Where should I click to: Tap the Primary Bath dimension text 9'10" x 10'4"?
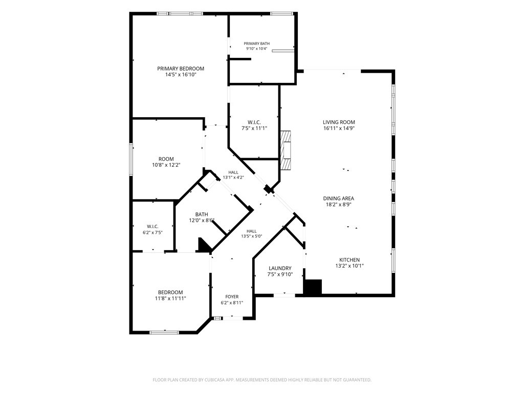coord(257,49)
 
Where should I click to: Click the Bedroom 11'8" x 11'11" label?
coord(170,295)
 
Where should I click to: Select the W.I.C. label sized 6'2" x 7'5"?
coord(152,229)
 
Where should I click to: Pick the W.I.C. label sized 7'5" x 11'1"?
coord(254,125)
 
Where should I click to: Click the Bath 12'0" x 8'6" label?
coord(202,217)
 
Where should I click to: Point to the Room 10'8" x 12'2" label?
coord(166,162)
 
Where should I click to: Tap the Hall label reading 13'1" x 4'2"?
coord(233,175)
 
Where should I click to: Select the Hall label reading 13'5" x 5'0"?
coord(252,233)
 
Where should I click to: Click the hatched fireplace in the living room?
coord(286,150)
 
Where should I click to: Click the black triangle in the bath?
coord(204,246)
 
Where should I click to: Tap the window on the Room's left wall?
coord(131,159)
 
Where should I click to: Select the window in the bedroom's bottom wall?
coord(164,333)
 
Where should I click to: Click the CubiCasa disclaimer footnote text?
coord(262,380)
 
